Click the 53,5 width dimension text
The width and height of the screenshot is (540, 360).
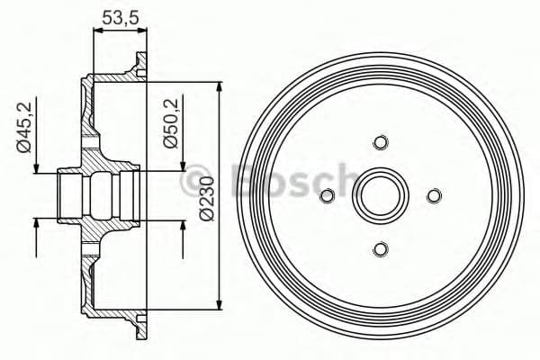click(x=120, y=16)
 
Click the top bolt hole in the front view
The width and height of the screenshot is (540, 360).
click(x=380, y=142)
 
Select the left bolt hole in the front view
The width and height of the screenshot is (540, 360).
click(x=328, y=195)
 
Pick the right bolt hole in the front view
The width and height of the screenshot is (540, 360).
click(x=433, y=195)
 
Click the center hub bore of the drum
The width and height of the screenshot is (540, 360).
click(x=380, y=195)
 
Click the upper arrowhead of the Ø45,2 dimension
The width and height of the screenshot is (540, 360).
click(x=36, y=167)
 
